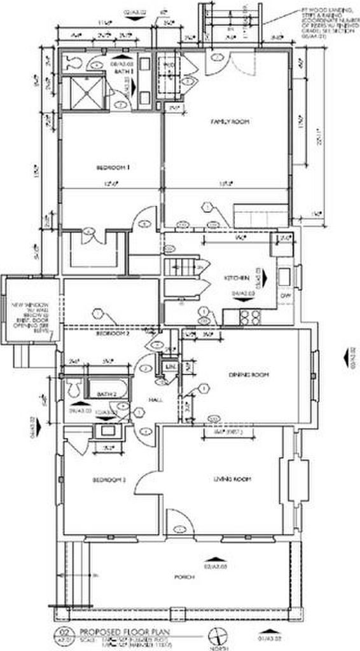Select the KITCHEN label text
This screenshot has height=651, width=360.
(235, 278)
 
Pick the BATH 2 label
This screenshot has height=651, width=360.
(106, 395)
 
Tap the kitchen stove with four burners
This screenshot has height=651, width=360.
(249, 317)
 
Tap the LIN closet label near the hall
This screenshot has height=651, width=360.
(170, 368)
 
